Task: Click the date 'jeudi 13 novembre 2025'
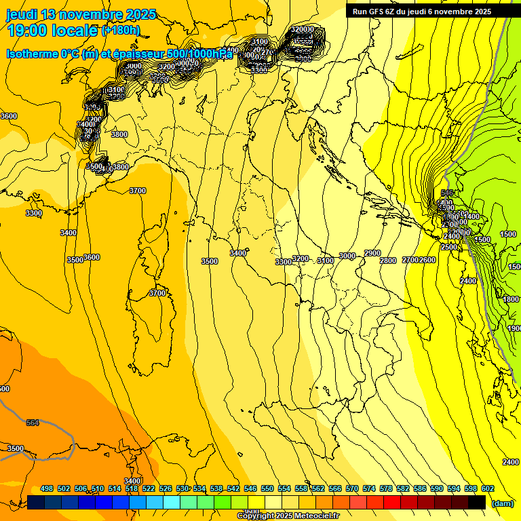(81, 14)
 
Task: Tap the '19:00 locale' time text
(53, 31)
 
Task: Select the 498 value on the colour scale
(47, 488)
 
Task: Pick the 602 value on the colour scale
(488, 488)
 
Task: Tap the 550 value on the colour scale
(267, 488)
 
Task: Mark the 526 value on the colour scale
(166, 488)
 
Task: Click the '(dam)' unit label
(502, 503)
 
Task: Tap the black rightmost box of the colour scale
(477, 502)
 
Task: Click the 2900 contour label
(372, 253)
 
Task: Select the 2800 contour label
(388, 261)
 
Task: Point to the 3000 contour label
(347, 256)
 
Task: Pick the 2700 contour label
(410, 260)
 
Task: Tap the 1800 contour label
(512, 299)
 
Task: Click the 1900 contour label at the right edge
(514, 328)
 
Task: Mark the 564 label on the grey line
(33, 423)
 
